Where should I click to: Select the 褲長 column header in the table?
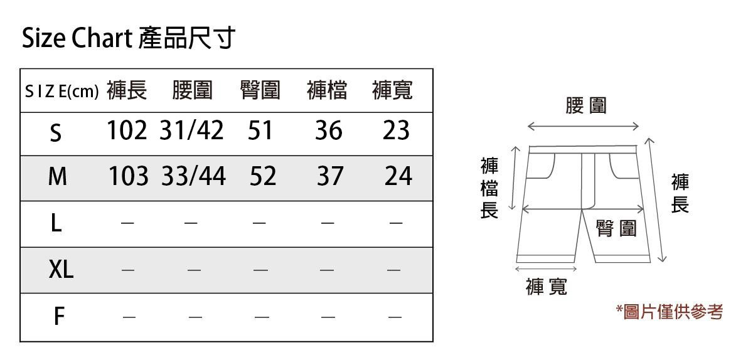127,91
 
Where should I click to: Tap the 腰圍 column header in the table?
193,91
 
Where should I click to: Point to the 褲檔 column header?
327,91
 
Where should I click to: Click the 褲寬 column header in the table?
392,91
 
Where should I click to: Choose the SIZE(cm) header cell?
61,92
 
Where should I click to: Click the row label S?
56,132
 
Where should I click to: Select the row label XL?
61,270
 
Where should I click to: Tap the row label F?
58,317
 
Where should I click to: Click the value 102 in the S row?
127,130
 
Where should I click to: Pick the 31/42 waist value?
191,130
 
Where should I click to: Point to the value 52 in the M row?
262,177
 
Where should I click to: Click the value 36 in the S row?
329,130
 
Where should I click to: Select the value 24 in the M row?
398,177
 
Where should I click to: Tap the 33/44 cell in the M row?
193,177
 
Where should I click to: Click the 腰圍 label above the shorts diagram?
586,105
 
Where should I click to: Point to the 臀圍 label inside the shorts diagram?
616,229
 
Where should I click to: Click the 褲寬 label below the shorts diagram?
547,287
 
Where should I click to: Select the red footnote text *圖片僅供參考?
669,312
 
